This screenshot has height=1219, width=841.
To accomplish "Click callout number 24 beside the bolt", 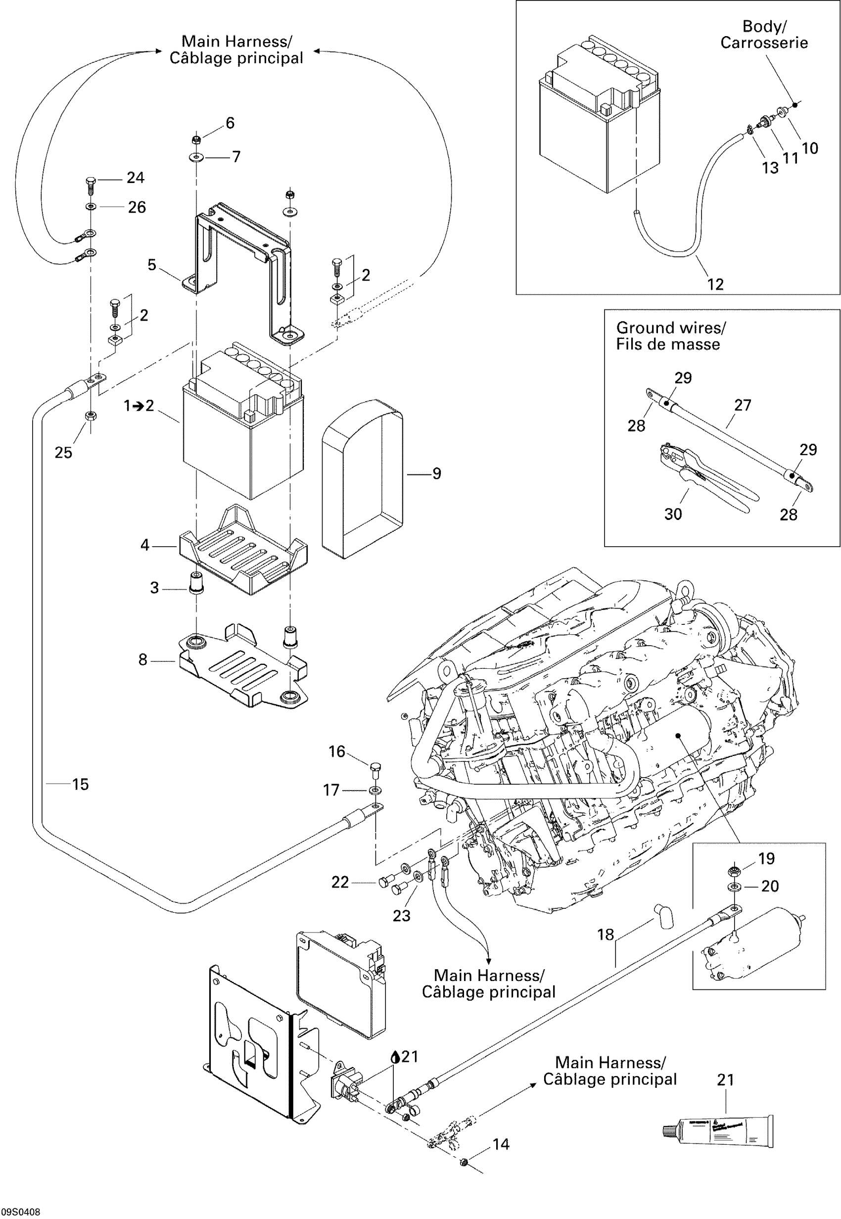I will (136, 178).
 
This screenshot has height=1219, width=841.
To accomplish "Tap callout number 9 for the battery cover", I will (436, 474).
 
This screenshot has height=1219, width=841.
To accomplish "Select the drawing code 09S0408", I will (21, 1212).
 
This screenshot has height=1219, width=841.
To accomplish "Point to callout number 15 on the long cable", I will (80, 784).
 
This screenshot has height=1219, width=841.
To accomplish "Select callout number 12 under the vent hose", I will (715, 284).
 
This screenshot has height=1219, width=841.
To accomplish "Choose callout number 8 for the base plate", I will (143, 660).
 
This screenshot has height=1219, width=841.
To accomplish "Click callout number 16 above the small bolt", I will (337, 751).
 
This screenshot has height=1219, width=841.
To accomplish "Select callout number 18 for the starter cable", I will (606, 935).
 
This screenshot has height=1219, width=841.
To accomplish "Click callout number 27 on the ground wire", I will (743, 405).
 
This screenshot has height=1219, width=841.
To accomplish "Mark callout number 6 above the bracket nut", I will (230, 123).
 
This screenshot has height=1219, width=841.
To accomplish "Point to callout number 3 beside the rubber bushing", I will (154, 588).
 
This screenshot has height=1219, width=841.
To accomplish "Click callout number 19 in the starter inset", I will (766, 858).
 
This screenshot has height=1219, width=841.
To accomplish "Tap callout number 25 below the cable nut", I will (63, 453).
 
